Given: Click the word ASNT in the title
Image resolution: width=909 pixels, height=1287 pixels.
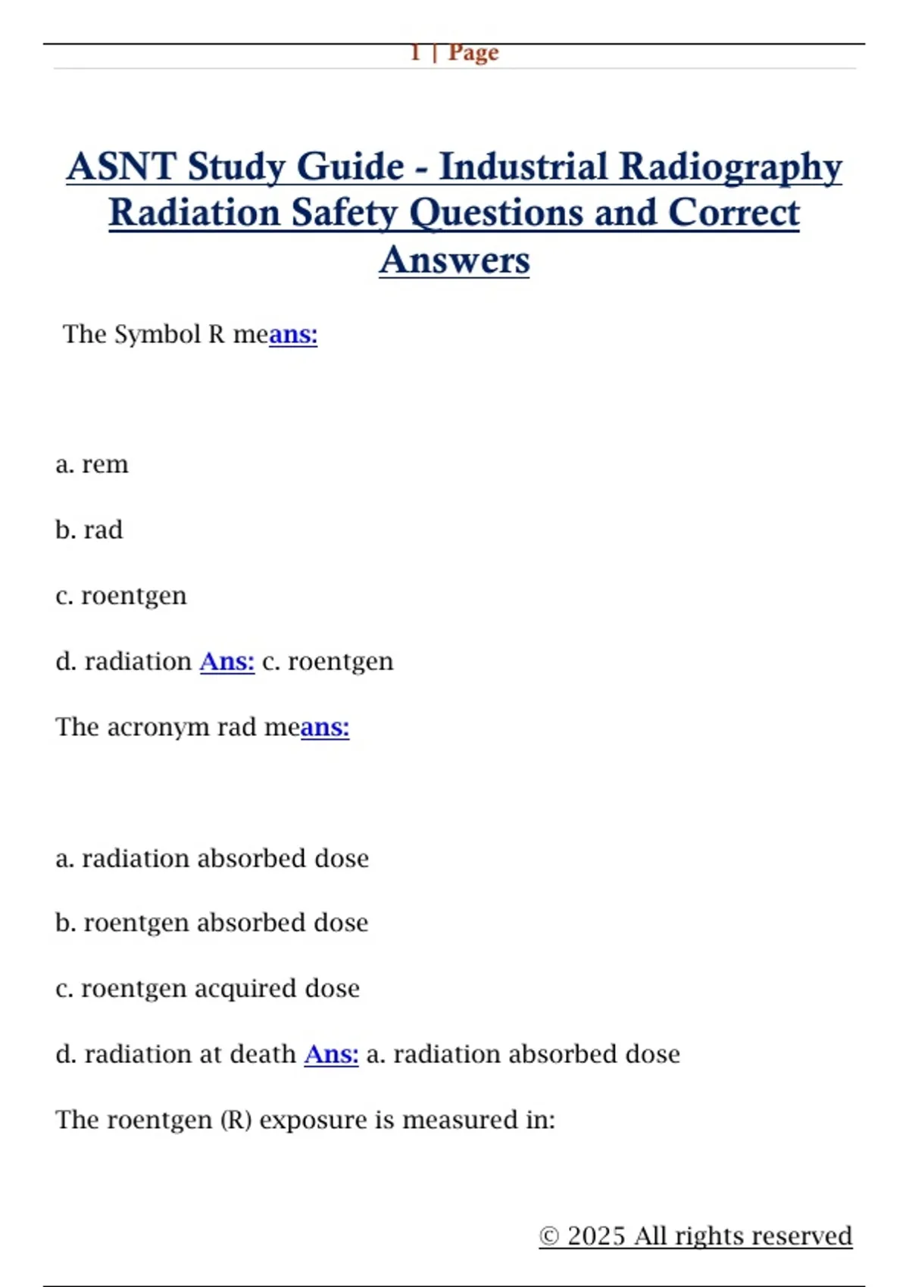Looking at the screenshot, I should click(x=121, y=167).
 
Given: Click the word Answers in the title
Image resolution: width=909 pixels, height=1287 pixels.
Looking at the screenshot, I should click(x=454, y=260).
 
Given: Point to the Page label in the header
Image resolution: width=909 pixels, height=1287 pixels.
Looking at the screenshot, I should click(x=473, y=52).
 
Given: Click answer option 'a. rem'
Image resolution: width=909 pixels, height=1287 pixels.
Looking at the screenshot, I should click(x=92, y=464).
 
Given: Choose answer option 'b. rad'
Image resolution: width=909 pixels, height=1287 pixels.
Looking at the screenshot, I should click(x=89, y=530).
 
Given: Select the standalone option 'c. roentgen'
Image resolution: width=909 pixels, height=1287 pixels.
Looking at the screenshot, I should click(x=121, y=596).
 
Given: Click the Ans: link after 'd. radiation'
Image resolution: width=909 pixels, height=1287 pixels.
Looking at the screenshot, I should click(x=227, y=662).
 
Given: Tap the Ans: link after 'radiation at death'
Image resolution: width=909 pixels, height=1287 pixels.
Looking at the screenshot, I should click(x=332, y=1054).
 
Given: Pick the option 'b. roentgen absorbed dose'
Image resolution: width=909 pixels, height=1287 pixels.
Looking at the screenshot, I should click(x=212, y=923).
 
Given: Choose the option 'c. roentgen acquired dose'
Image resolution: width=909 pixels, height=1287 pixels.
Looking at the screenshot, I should click(x=208, y=989).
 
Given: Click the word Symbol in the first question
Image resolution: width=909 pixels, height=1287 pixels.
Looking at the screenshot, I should click(x=157, y=334).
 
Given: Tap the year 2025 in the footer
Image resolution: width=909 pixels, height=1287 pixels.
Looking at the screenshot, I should click(x=596, y=1236).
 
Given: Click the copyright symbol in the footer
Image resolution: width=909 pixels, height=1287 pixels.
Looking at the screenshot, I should click(x=549, y=1236).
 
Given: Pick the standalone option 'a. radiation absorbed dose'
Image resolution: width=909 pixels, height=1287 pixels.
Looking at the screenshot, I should click(x=212, y=859).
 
